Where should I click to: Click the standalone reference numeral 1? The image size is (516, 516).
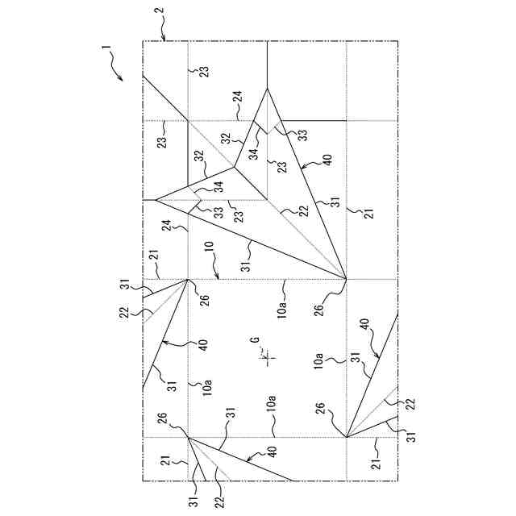pyautogui.click(x=105, y=49)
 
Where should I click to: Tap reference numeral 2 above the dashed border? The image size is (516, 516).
pyautogui.click(x=159, y=14)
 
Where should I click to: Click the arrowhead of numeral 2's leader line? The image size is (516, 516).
pyautogui.click(x=164, y=40)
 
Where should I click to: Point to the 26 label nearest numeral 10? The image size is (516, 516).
pyautogui.click(x=204, y=301)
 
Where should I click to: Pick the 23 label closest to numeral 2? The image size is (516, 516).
pyautogui.click(x=204, y=71)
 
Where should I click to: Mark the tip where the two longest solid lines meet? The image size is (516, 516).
pyautogui.click(x=346, y=279)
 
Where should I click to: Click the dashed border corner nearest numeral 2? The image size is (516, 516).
pyautogui.click(x=143, y=41)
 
